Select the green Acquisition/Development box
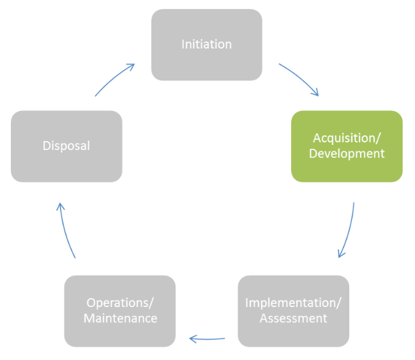click(347, 146)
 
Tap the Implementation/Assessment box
click(293, 311)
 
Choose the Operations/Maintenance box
click(120, 311)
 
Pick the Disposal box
click(66, 146)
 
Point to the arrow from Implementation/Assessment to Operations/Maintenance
click(207, 338)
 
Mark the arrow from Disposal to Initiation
click(115, 78)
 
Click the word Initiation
click(206, 44)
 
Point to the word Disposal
click(66, 146)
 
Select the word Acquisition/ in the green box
click(347, 138)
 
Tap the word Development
click(347, 154)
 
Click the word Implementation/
click(293, 303)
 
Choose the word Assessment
click(293, 318)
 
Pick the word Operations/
click(120, 303)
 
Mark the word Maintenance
click(120, 318)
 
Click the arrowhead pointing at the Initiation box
click(132, 65)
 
